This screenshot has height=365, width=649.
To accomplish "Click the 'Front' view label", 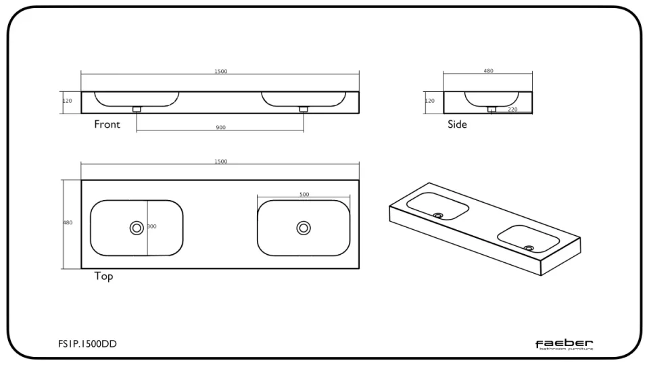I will [107, 124].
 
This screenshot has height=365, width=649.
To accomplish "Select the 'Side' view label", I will [457, 124].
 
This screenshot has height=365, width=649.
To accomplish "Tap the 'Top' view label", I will [103, 276].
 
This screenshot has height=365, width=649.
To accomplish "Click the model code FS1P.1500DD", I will [87, 345].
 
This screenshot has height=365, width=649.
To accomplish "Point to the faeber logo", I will [564, 345].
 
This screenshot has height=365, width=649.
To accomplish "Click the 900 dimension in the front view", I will [220, 127].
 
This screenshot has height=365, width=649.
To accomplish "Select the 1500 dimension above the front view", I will [220, 72].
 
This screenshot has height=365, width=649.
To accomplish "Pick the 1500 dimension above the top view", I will [220, 162].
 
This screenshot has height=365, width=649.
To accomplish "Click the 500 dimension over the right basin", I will [304, 195].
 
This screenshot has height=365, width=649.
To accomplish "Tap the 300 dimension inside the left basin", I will [151, 226].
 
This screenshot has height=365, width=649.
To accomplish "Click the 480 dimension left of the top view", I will [68, 222].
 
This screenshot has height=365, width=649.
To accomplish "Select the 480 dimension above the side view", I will [488, 71].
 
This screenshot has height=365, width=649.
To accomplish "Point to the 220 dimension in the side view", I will [512, 109].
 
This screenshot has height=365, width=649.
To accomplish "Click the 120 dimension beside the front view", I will [68, 101].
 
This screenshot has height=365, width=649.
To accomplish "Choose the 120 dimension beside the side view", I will [430, 101].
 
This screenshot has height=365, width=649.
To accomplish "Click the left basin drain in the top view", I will [137, 228].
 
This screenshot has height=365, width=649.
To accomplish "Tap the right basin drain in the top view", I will [304, 228].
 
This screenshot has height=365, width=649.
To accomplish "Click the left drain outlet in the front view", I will [137, 108].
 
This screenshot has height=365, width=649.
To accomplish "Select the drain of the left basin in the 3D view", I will [439, 216].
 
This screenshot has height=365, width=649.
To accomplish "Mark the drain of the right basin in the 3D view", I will [529, 248].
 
